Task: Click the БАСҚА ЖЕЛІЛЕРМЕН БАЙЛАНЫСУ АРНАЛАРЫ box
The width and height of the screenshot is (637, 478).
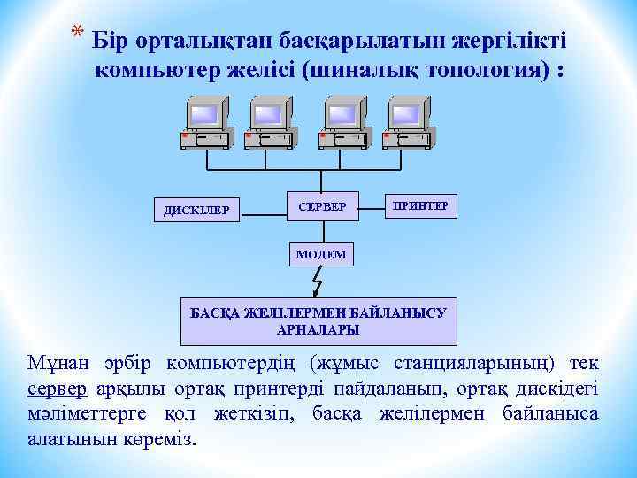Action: [x=318, y=320]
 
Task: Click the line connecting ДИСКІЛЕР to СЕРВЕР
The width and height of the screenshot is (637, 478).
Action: [x=265, y=211]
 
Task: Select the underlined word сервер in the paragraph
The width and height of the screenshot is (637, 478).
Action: [x=57, y=389]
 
